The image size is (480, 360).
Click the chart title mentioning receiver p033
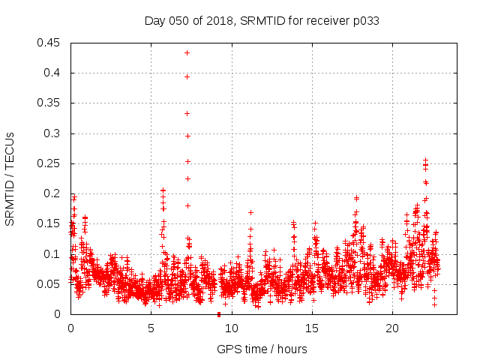pyautogui.click(x=262, y=20)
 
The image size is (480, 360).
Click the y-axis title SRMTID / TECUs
pyautogui.click(x=10, y=178)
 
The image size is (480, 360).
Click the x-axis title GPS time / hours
pyautogui.click(x=262, y=349)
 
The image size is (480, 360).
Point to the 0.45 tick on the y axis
pyautogui.click(x=49, y=43)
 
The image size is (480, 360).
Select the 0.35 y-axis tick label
pyautogui.click(x=49, y=103)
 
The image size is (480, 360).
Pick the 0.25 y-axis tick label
pyautogui.click(x=49, y=163)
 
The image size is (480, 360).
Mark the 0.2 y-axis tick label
pyautogui.click(x=52, y=193)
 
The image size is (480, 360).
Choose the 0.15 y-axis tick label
pyautogui.click(x=49, y=223)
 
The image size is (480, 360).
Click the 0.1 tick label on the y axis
pyautogui.click(x=52, y=254)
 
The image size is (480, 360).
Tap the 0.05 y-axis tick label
pyautogui.click(x=49, y=284)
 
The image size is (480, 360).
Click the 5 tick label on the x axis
pyautogui.click(x=151, y=328)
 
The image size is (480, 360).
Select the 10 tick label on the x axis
pyautogui.click(x=231, y=328)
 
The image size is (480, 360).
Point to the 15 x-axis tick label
pyautogui.click(x=311, y=328)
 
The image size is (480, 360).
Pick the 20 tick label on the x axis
pyautogui.click(x=391, y=328)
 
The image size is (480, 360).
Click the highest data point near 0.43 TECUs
pyautogui.click(x=187, y=52)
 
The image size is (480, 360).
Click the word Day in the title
pyautogui.click(x=154, y=20)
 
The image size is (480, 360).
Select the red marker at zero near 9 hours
pyautogui.click(x=218, y=313)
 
